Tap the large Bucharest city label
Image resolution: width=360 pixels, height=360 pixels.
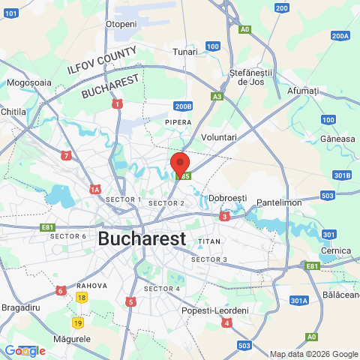[x=142, y=239]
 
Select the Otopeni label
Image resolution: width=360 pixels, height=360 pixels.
[x=121, y=24]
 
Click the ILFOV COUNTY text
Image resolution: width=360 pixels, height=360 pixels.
[x=101, y=60]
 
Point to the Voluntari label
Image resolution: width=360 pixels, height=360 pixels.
[x=219, y=137]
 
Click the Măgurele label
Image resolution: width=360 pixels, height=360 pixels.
[x=73, y=339]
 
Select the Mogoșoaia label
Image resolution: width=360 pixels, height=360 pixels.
[x=28, y=82]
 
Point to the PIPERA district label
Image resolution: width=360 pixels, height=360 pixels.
[x=178, y=121]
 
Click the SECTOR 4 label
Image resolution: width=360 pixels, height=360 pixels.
[x=161, y=289]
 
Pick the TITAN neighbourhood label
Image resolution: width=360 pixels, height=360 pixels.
[x=209, y=241]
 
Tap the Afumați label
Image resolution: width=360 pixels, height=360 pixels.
[x=303, y=91]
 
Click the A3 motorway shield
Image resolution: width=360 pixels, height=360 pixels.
[x=217, y=97]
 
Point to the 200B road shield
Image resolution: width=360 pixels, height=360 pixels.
[x=183, y=106]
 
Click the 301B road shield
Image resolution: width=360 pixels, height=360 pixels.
[x=342, y=175]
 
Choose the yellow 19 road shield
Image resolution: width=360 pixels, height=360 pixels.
[x=78, y=322]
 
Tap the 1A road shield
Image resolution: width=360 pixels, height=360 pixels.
[x=95, y=190]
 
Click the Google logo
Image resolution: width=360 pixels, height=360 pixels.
[x=24, y=350]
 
